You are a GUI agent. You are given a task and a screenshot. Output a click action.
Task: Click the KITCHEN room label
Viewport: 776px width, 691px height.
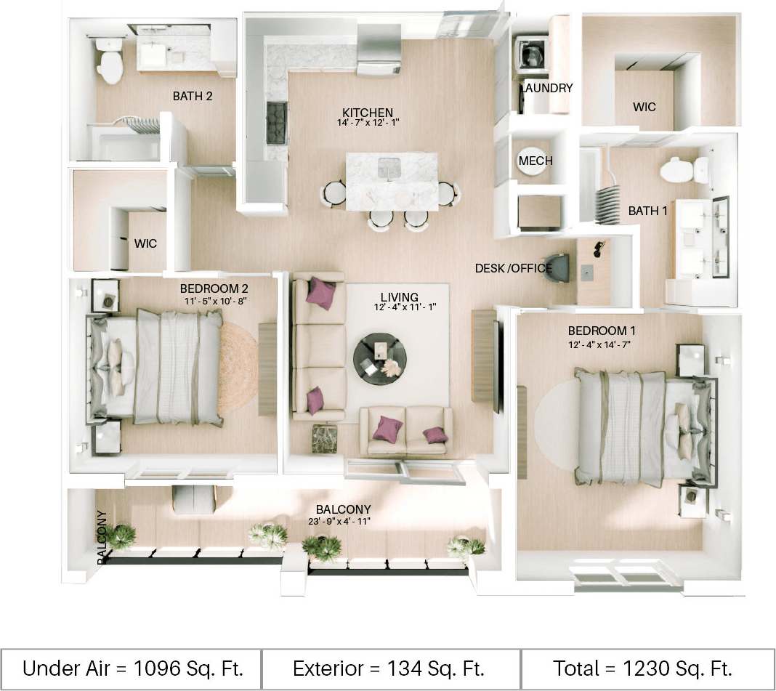point(368,113)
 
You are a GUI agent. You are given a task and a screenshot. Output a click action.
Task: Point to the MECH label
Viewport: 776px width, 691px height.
point(536,161)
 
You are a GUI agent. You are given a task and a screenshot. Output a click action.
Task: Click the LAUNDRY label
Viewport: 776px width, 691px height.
point(547,88)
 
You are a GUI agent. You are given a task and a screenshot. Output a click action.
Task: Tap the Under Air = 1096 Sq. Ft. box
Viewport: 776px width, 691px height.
point(132,667)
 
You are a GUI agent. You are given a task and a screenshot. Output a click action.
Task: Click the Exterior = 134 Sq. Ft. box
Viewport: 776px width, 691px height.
point(389,667)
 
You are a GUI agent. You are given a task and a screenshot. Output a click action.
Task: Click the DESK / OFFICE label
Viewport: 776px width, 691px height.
point(514,269)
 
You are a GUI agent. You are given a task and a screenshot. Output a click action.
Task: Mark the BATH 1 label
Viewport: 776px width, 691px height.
point(647,211)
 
